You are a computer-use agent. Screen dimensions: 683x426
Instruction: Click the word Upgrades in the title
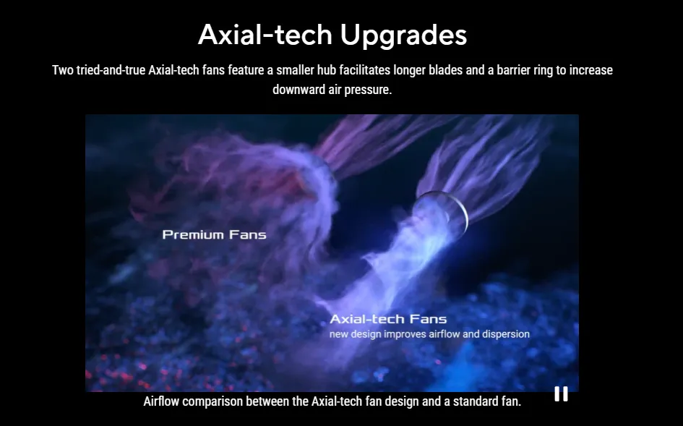coord(403,35)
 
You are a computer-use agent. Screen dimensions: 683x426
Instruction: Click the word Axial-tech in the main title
coord(265,34)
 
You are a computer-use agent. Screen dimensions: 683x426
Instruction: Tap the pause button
coord(561,393)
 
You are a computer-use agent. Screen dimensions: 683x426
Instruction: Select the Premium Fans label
coord(215,234)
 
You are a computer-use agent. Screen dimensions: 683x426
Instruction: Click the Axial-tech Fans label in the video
coord(388,319)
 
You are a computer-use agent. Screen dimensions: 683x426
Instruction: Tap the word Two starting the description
coord(63,70)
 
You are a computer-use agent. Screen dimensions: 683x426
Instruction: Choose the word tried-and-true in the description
coord(111,70)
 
